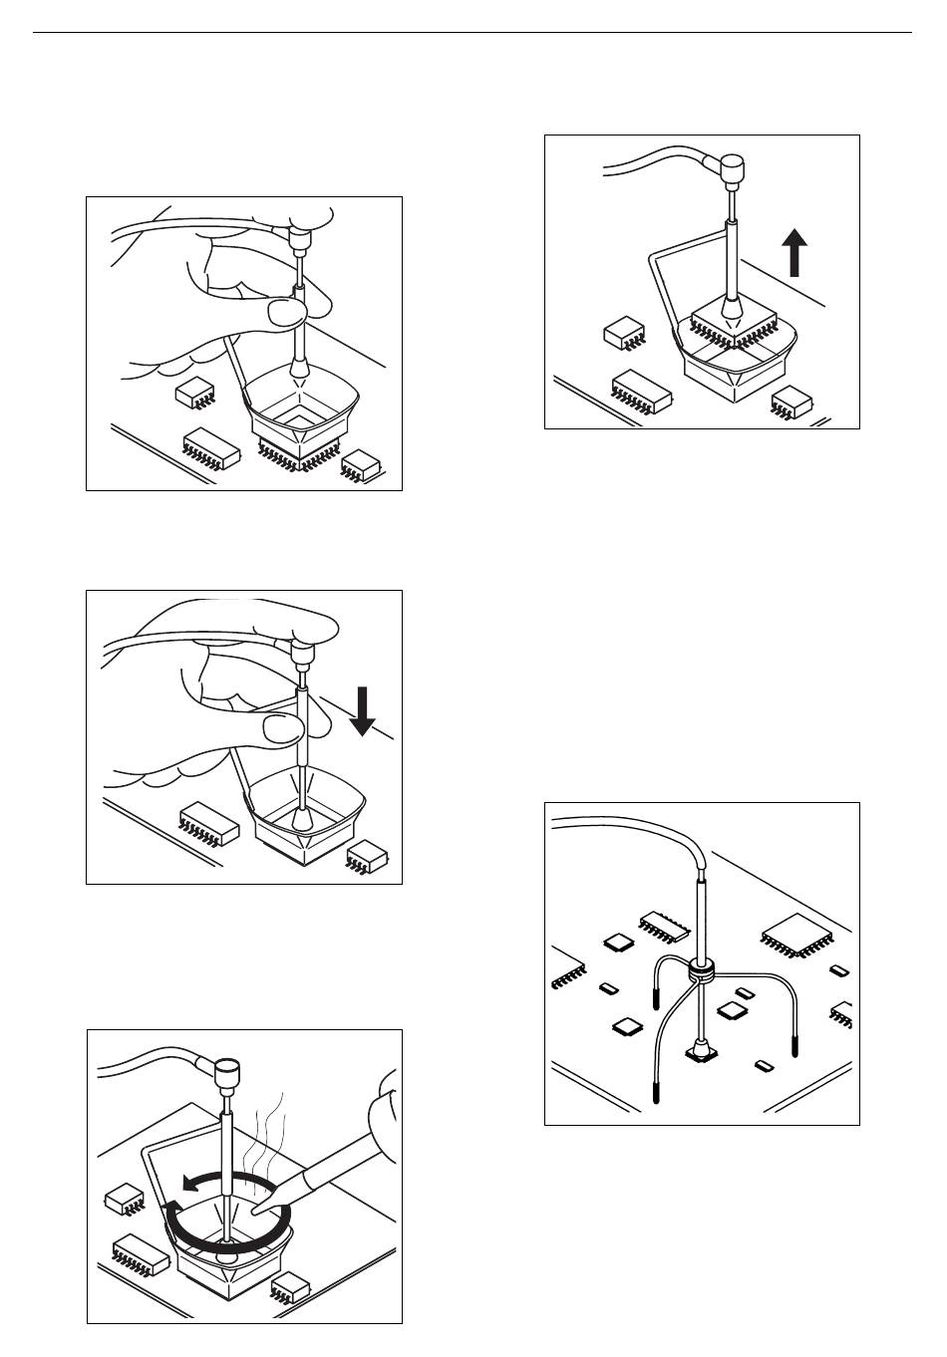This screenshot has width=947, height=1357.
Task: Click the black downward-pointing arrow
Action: click(x=363, y=712)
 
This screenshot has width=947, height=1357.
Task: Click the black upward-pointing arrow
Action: click(x=793, y=253)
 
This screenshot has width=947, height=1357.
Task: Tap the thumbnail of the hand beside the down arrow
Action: click(x=280, y=729)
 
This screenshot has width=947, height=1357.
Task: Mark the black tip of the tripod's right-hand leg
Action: click(x=794, y=1046)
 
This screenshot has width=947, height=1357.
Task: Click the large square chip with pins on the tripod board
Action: click(x=796, y=936)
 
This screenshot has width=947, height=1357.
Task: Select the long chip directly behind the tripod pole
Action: click(x=663, y=924)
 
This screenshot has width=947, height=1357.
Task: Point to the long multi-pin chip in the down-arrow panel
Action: click(x=208, y=823)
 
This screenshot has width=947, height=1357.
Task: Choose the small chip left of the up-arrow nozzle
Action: click(x=625, y=333)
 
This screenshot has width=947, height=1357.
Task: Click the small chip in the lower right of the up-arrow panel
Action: click(x=791, y=403)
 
